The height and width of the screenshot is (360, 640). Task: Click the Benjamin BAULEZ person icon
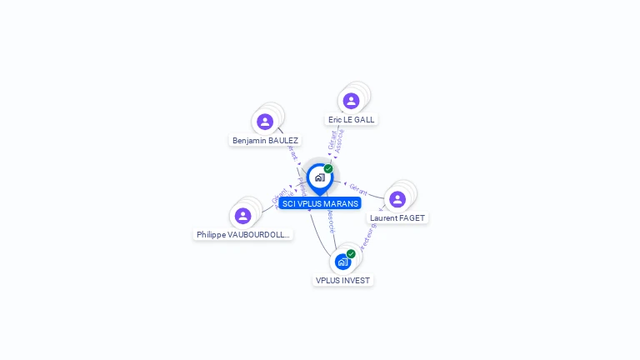click(265, 122)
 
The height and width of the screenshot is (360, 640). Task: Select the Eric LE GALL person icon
click(351, 101)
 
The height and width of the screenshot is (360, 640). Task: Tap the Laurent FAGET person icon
click(397, 199)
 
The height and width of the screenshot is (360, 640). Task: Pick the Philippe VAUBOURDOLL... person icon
click(242, 216)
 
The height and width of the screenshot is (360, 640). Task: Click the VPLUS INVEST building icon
click(342, 262)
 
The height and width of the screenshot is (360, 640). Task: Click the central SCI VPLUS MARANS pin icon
click(319, 177)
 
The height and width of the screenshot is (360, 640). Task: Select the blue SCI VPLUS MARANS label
click(320, 203)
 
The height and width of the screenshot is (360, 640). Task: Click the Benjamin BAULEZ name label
click(265, 141)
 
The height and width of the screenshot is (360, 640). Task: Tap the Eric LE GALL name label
click(351, 120)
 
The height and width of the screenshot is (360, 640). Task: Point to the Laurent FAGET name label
click(397, 218)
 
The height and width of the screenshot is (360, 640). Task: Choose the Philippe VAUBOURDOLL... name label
click(243, 235)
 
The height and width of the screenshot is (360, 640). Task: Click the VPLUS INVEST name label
click(342, 281)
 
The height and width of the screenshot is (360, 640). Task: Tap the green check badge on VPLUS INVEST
click(351, 253)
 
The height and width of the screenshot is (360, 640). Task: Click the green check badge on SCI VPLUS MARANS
click(328, 168)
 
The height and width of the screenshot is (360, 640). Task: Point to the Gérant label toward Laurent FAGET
click(358, 188)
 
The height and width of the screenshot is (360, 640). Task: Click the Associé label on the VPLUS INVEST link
click(331, 220)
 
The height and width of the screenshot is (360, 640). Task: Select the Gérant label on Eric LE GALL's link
click(332, 140)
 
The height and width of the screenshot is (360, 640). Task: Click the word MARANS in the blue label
click(341, 203)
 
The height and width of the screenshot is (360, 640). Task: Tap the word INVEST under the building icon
click(356, 281)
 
